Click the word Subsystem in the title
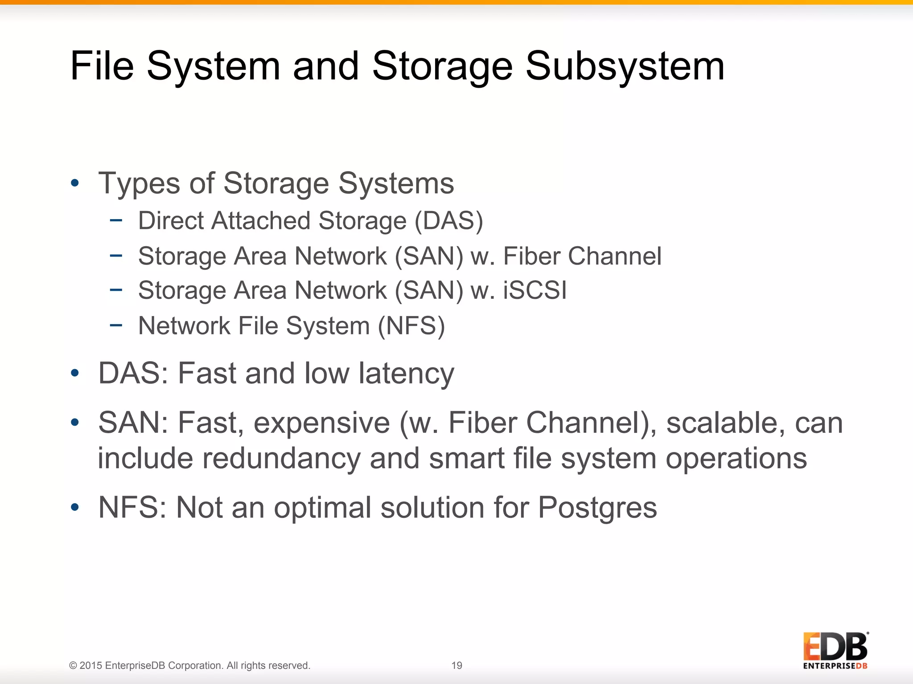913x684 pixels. click(625, 67)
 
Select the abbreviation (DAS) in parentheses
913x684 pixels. click(448, 221)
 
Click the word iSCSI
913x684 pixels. click(535, 290)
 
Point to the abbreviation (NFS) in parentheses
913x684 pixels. click(411, 326)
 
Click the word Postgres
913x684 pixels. click(597, 508)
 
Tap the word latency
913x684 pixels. click(406, 373)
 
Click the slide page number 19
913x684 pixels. click(456, 665)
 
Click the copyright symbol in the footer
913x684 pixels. click(73, 666)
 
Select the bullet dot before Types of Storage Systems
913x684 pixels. click(75, 183)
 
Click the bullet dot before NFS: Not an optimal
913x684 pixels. click(75, 507)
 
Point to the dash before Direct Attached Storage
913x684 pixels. click(116, 220)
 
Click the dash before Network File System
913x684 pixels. click(116, 325)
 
